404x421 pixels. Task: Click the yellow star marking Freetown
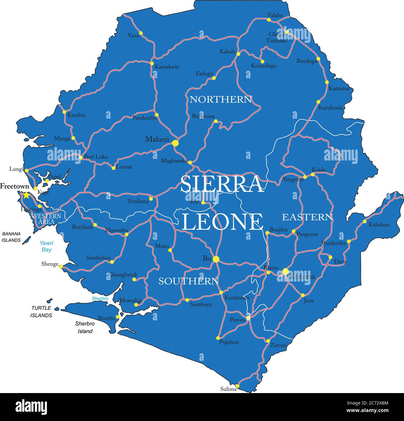pos(26,195)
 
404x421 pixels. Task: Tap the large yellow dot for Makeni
pos(175,143)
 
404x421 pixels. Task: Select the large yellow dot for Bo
pos(216,259)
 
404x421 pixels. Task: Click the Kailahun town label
pos(379,224)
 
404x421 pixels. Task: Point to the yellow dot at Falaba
pos(269,20)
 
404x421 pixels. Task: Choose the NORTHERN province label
pos(221,99)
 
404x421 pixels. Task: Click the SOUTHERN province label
pos(189,281)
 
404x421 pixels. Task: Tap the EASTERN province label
pos(307,217)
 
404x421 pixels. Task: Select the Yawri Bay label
pos(46,246)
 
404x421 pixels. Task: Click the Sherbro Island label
pos(85,327)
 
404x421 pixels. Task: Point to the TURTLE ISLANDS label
pos(41,311)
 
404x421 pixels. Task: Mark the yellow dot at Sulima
pos(237,386)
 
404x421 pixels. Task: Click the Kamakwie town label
pos(167,67)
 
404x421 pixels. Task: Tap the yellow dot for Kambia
pos(64,112)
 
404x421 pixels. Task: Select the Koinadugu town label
pos(264,66)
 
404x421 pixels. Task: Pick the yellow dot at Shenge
pos(61,266)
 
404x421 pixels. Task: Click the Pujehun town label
pos(229,342)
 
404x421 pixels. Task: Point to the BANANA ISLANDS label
pos(11,237)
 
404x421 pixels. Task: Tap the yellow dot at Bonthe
pos(118,317)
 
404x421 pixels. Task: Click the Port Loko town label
pos(96,157)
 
